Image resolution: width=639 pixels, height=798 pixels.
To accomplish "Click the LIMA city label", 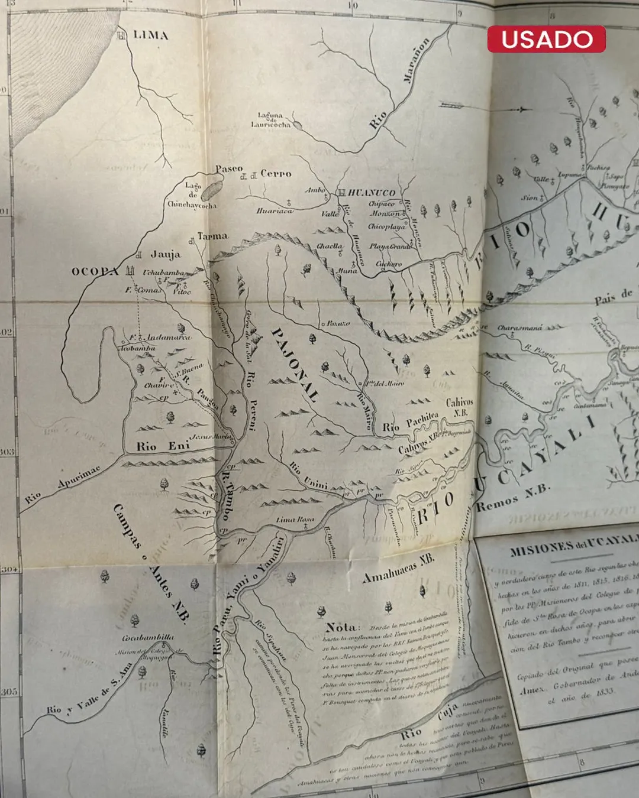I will click(150, 35).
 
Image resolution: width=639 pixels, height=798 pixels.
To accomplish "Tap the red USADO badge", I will click(546, 40).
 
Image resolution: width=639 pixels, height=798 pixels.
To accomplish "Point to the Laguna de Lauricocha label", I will click(270, 120).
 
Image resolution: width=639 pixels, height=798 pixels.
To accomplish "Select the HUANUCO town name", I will click(372, 193).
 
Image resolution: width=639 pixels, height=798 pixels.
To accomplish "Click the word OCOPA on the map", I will click(95, 271).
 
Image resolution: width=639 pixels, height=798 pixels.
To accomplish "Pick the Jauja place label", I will click(166, 255).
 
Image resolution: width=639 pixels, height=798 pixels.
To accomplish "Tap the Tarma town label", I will click(212, 236).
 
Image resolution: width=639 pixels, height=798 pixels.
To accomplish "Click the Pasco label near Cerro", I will click(229, 169).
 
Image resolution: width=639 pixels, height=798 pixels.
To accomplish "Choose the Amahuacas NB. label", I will click(398, 569).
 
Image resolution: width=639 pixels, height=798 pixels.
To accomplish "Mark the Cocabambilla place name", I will click(148, 638).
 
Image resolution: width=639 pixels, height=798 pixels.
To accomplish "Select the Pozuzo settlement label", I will click(338, 323).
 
